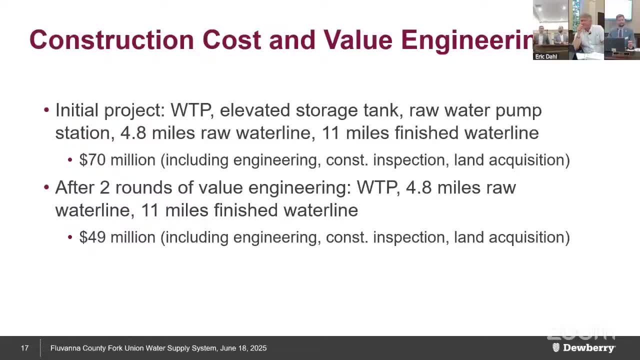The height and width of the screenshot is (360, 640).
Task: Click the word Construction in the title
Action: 111,39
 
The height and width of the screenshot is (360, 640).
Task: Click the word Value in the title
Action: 358,39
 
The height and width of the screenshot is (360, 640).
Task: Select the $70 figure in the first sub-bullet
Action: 92,159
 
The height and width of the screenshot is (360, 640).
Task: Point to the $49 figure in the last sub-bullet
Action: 92,237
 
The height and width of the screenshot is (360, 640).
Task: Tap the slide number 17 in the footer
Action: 24,348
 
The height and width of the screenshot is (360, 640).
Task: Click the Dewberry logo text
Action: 589,347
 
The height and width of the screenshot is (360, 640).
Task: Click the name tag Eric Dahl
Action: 546,56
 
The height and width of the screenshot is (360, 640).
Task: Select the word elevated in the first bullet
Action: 255,110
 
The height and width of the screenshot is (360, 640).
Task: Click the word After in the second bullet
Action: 74,187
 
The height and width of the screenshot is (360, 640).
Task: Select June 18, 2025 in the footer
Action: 243,348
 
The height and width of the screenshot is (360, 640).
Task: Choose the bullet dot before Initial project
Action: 46,109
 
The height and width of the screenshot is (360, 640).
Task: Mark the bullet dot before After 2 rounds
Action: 46,187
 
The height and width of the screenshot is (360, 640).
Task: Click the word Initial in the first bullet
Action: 77,110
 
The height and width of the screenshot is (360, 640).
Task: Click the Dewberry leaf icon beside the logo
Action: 555,347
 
